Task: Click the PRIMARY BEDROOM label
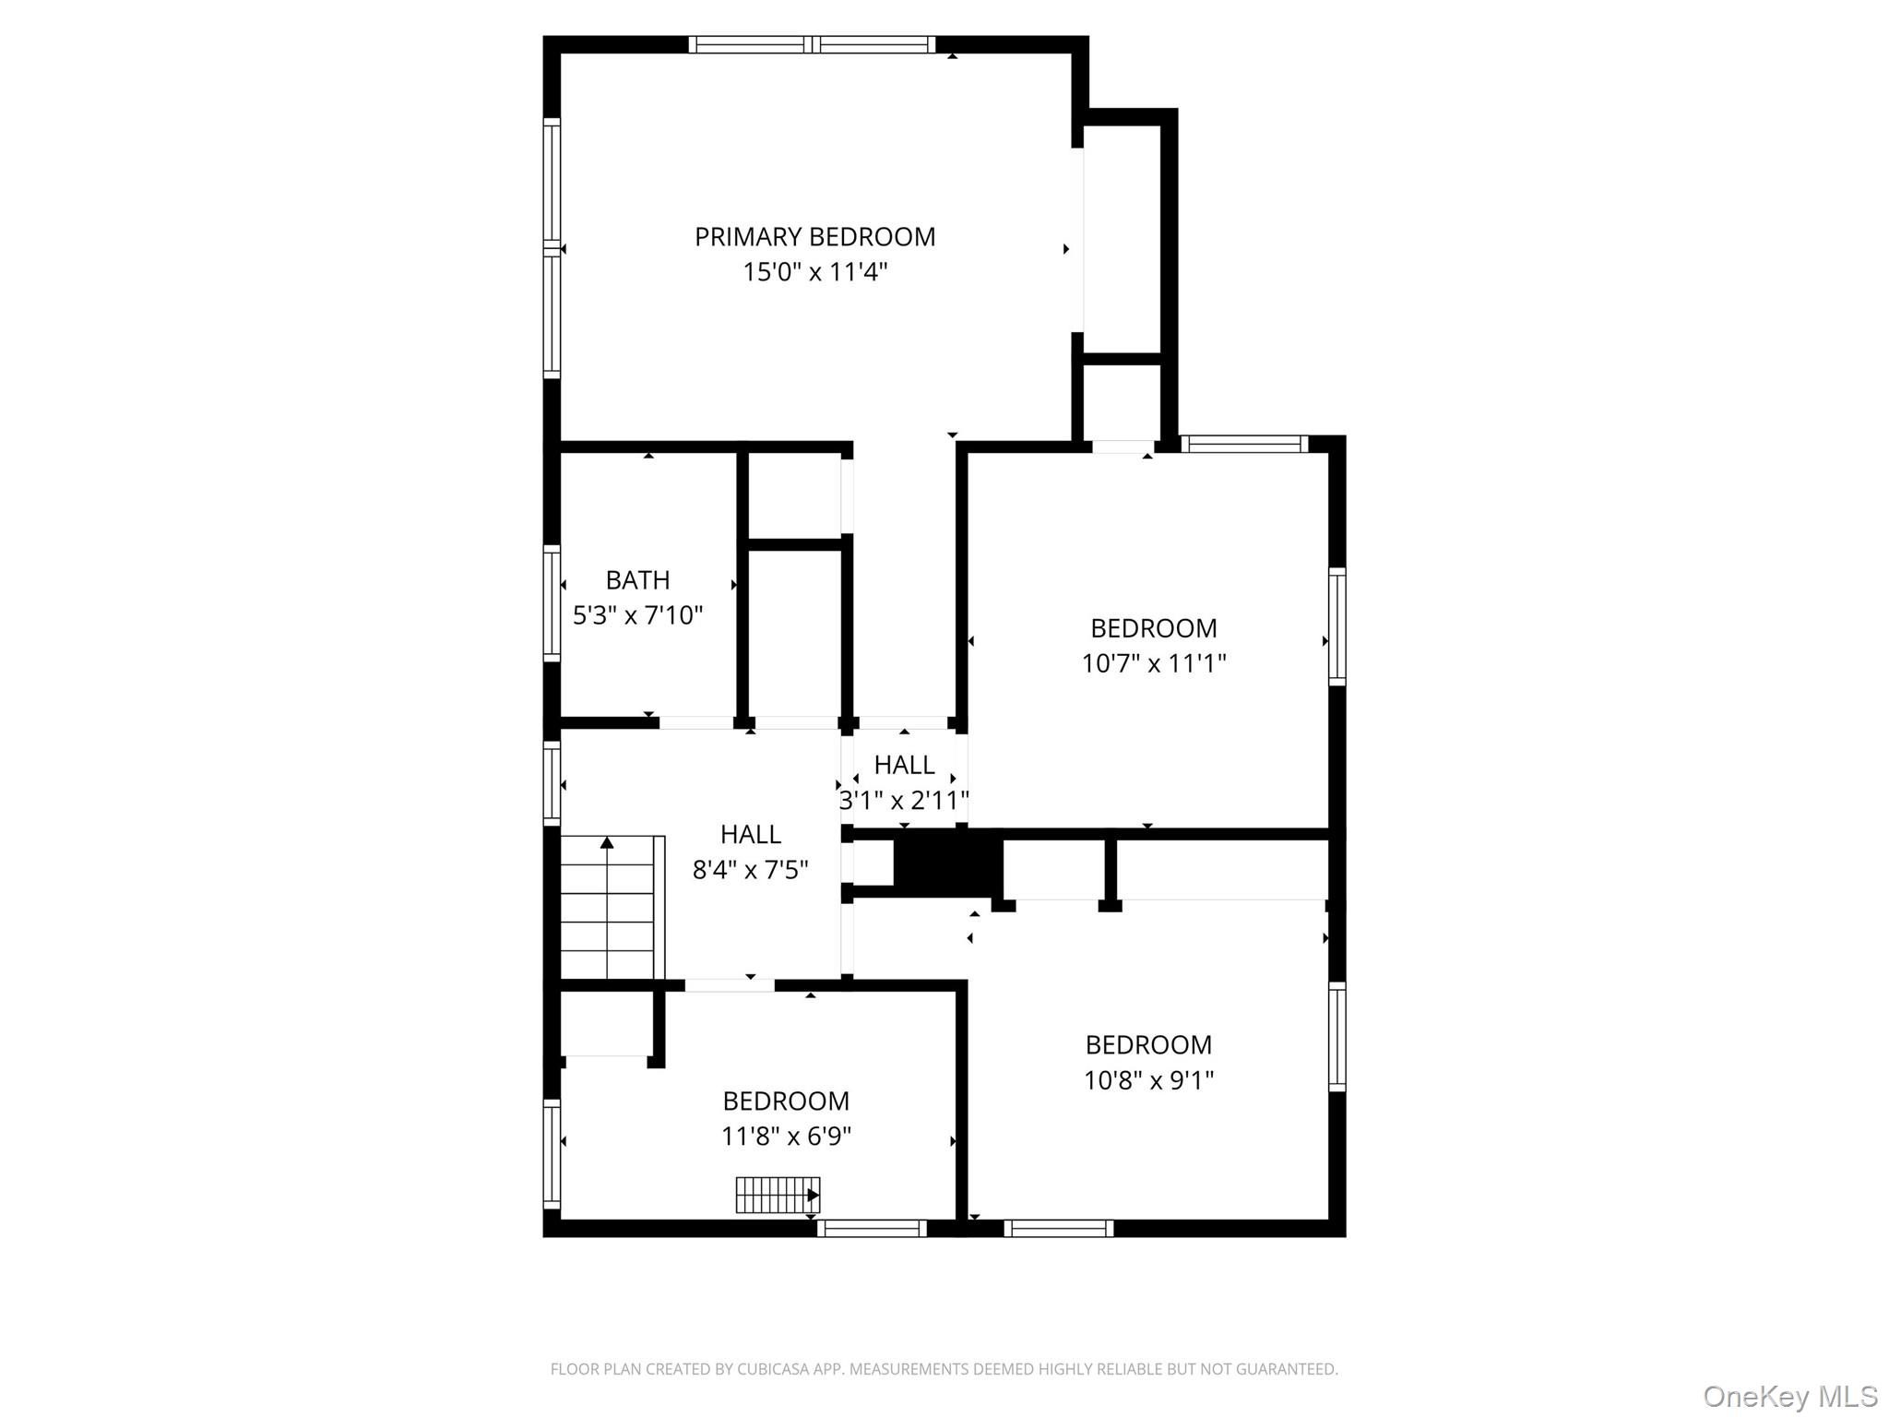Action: click(x=814, y=237)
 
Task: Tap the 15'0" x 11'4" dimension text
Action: click(x=815, y=272)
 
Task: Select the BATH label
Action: click(x=637, y=580)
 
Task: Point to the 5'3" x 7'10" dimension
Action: click(x=638, y=615)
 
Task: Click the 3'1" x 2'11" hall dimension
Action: click(x=904, y=800)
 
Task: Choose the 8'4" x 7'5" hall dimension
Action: click(x=751, y=870)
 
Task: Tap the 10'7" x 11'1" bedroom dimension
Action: click(x=1154, y=663)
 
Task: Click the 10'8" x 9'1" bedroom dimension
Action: click(x=1149, y=1080)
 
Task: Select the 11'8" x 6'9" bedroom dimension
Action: click(x=786, y=1137)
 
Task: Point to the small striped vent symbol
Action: click(x=778, y=1196)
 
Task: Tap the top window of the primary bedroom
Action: click(x=812, y=44)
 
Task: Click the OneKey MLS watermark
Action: click(x=1789, y=1397)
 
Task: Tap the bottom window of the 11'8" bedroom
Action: click(x=872, y=1229)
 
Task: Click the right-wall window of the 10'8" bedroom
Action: click(x=1337, y=1037)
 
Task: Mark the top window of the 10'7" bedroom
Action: click(x=1245, y=444)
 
